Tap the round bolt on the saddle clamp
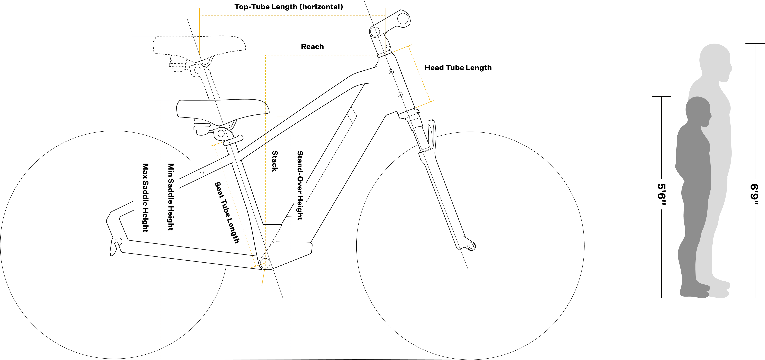pyautogui.click(x=221, y=134)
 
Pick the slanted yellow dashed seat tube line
pyautogui.click(x=235, y=205)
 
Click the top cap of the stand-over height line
pyautogui.click(x=287, y=116)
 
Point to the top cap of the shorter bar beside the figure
pyautogui.click(x=662, y=96)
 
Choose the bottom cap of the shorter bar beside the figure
pyautogui.click(x=662, y=297)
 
